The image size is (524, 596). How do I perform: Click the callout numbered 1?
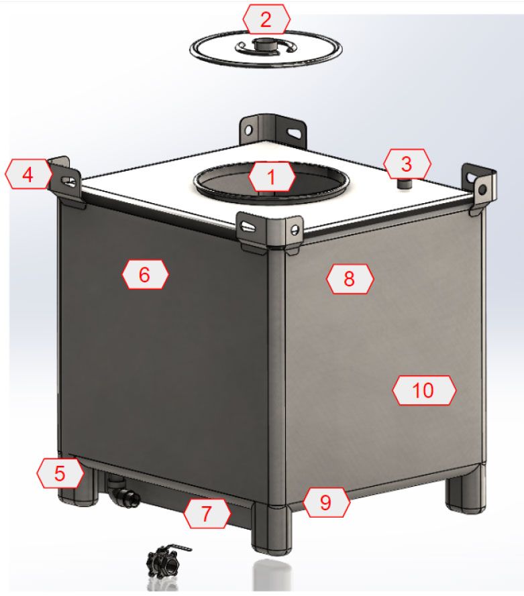(272, 177)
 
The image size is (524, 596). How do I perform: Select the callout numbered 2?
(266, 19)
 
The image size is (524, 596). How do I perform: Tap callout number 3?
(407, 164)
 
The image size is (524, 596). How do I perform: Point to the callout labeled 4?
(28, 174)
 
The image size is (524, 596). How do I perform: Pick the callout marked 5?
(60, 473)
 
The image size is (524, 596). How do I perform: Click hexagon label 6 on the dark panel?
(146, 274)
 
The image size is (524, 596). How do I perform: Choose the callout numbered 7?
(207, 514)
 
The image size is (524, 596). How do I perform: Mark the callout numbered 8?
(350, 279)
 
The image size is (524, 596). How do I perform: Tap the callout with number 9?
(326, 503)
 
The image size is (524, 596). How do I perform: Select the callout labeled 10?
(424, 390)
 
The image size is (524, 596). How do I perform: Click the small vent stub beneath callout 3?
(405, 184)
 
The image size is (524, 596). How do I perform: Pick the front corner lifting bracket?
(270, 233)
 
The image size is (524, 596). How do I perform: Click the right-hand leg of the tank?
(465, 489)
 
